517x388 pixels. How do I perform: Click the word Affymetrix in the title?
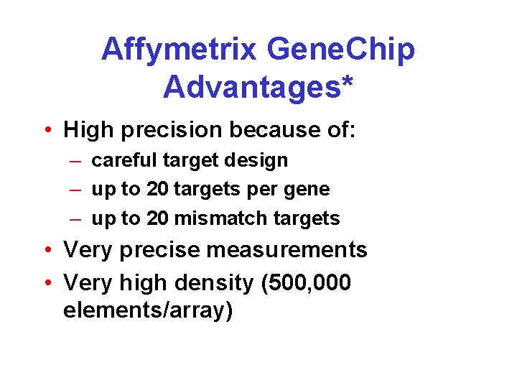179,50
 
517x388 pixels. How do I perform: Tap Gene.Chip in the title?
340,50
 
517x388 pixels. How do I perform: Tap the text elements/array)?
148,312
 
